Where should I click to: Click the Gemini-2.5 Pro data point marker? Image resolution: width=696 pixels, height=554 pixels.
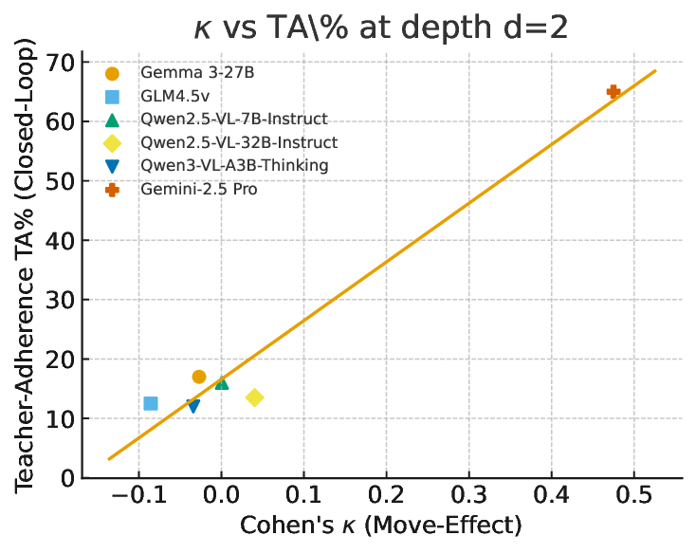click(x=614, y=92)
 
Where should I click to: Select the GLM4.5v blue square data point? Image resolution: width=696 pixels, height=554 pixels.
click(x=151, y=403)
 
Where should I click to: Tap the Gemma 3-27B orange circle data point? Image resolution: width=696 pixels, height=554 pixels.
click(x=199, y=377)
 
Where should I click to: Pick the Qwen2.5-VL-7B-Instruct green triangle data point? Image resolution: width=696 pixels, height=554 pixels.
click(x=222, y=383)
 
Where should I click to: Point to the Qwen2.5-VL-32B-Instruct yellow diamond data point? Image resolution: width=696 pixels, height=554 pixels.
click(x=254, y=397)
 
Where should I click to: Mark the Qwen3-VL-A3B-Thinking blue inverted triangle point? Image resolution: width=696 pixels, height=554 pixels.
click(x=193, y=406)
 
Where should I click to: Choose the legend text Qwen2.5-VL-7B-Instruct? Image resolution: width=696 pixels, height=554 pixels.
click(x=234, y=120)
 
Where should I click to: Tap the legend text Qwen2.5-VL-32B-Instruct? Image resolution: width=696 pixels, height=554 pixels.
click(x=239, y=143)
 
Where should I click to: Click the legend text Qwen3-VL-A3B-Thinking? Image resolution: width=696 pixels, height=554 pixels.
click(x=234, y=166)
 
